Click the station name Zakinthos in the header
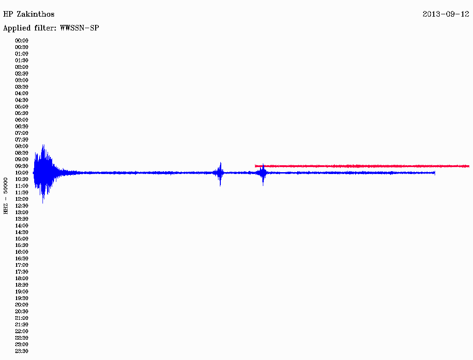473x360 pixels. click(x=36, y=14)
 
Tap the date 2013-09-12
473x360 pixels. click(x=446, y=14)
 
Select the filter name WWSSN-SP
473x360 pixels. click(x=79, y=28)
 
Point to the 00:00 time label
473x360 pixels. click(x=22, y=41)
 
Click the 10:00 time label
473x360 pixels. click(x=22, y=173)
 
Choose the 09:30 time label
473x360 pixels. click(x=22, y=166)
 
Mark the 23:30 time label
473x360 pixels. click(x=22, y=351)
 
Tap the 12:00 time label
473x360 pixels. click(x=22, y=199)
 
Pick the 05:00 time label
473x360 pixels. click(x=22, y=107)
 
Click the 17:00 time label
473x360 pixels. click(x=22, y=265)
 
